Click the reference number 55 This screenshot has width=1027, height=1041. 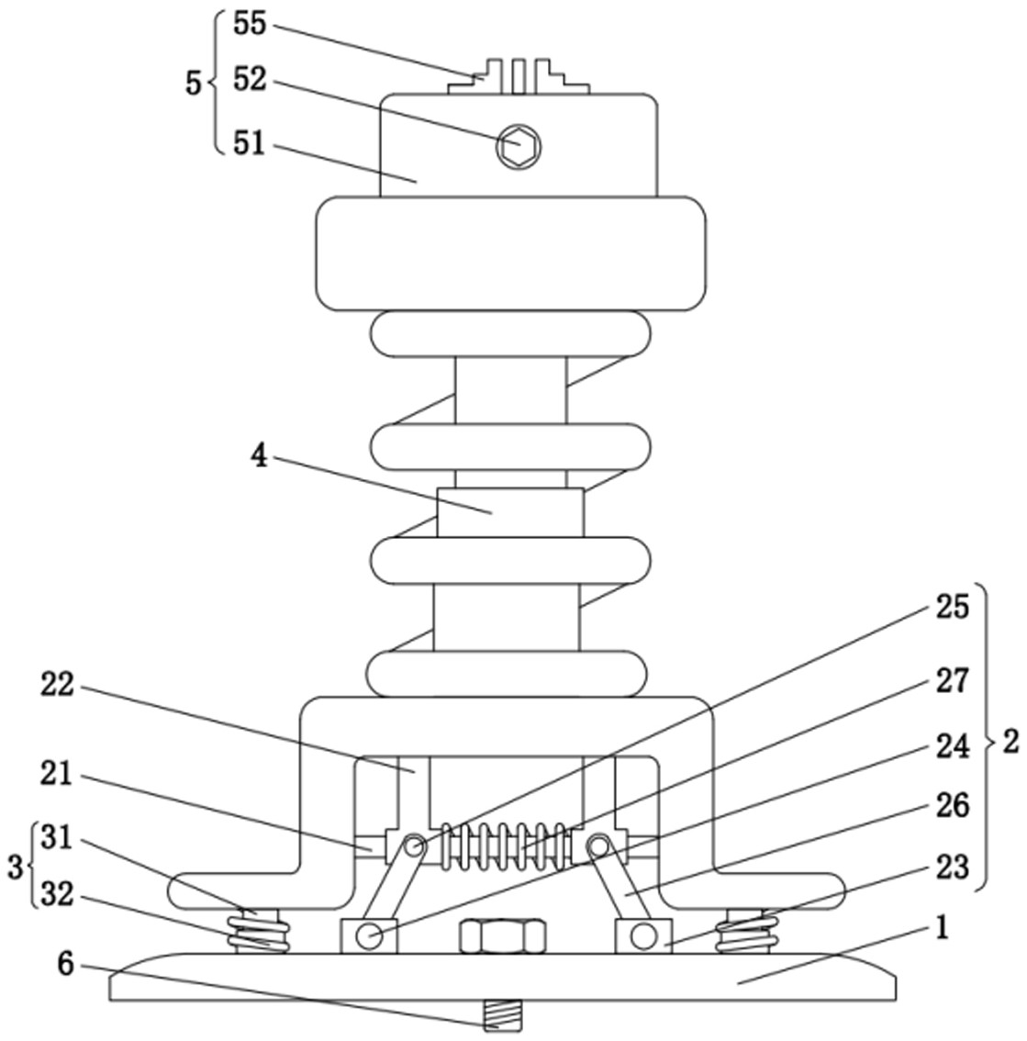tap(249, 24)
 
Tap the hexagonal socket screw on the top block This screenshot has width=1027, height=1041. tap(519, 146)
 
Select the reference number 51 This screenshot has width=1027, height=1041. tap(249, 143)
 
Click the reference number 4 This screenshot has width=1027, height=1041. tap(261, 456)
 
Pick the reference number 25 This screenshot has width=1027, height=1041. tap(953, 607)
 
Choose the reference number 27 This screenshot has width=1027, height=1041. tap(953, 680)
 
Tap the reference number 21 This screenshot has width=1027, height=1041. tap(58, 776)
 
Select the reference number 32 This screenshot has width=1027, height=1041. tap(58, 894)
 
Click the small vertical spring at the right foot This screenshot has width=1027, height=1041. tap(746, 932)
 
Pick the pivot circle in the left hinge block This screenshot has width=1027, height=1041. tap(369, 936)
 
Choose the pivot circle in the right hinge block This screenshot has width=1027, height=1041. tap(642, 935)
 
